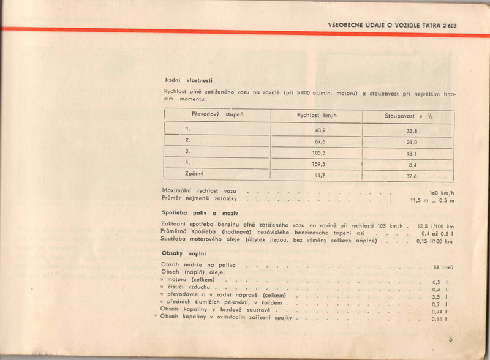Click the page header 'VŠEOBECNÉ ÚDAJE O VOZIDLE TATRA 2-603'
[x=392, y=25]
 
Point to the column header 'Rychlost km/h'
[x=317, y=115]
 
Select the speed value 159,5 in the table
[x=320, y=164]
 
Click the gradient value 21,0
[x=412, y=142]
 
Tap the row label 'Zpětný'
[x=194, y=174]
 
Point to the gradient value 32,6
[x=412, y=176]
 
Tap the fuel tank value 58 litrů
[x=443, y=268]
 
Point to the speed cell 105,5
[x=320, y=153]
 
